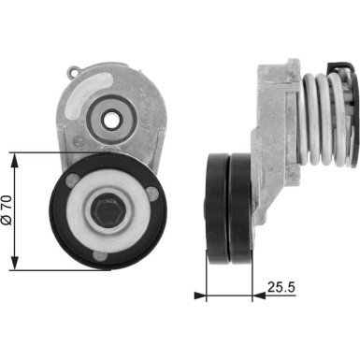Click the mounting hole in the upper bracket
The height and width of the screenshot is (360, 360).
tap(112, 119)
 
